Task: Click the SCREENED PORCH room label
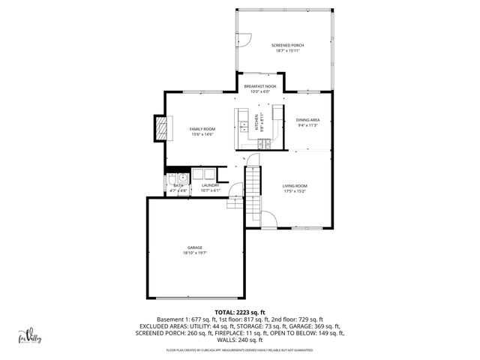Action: (287, 45)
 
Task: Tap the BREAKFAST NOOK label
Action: (260, 87)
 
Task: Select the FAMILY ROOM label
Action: (202, 129)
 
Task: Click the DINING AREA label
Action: (307, 120)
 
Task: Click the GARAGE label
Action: (195, 247)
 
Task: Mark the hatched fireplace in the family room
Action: (160, 128)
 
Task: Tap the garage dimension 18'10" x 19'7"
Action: (195, 253)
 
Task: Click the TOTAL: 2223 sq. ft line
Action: (239, 312)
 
